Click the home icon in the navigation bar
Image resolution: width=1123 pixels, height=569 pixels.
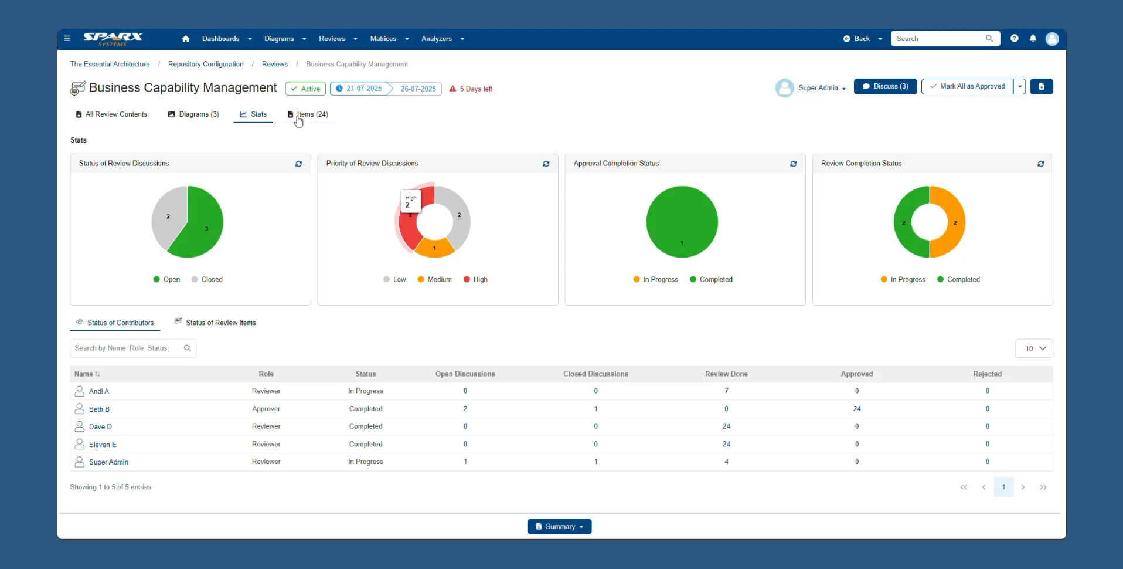[x=186, y=39]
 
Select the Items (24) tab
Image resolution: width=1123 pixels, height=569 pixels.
[x=308, y=114]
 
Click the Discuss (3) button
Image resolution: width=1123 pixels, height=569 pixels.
[x=885, y=86]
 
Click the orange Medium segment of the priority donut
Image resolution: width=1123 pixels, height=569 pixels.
[x=434, y=248]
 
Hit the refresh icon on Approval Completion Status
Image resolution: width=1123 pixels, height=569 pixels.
[x=793, y=164]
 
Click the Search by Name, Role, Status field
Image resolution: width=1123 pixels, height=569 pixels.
[x=127, y=348]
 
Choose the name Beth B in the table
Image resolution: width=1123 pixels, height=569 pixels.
[x=99, y=409]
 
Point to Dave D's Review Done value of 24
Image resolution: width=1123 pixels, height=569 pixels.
[x=726, y=426]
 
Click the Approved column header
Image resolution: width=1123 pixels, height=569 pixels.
[x=856, y=374]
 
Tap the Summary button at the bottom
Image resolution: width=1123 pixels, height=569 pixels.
[x=559, y=527]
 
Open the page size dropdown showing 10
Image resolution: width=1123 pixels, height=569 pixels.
[x=1034, y=348]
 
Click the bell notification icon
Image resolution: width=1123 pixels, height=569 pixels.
[x=1033, y=39]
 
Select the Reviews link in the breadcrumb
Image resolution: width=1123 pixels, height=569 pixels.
[x=274, y=64]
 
